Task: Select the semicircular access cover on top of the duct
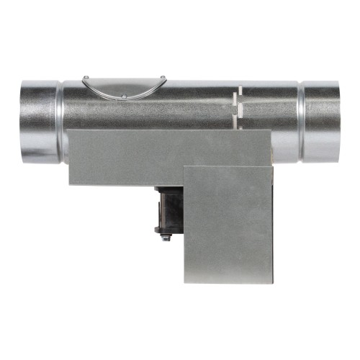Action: pyautogui.click(x=124, y=87)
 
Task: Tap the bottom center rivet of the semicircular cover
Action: pyautogui.click(x=123, y=96)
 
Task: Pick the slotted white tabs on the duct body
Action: pyautogui.click(x=238, y=104)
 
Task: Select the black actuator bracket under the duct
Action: pyautogui.click(x=169, y=209)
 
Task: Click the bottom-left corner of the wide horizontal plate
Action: pyautogui.click(x=70, y=184)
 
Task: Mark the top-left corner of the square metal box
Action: pyautogui.click(x=186, y=167)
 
